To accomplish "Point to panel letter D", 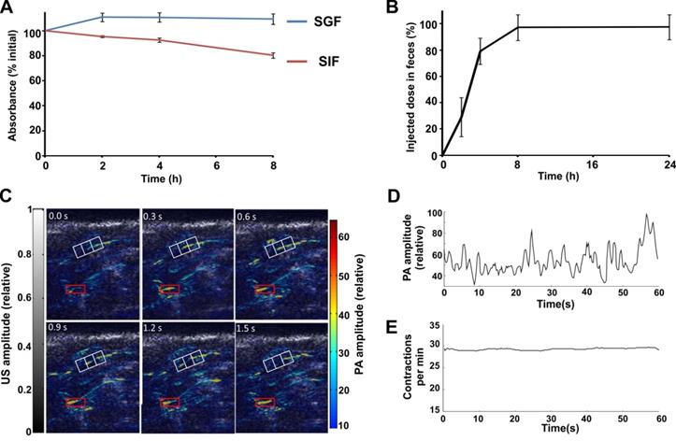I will pos(418,198).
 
